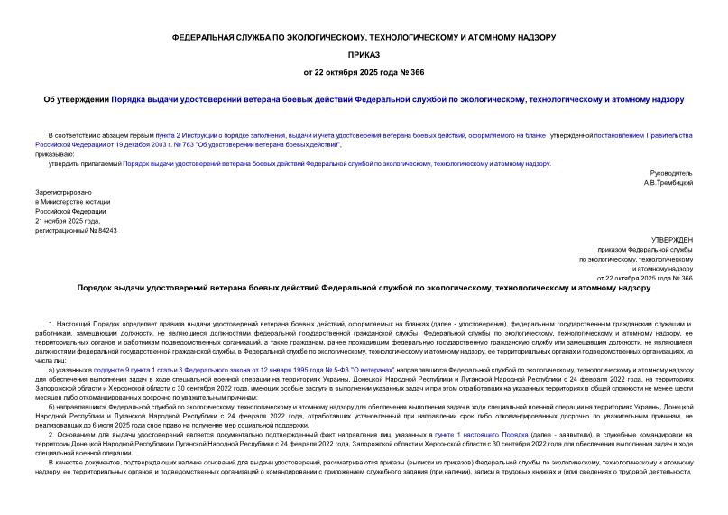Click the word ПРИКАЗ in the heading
(364, 55)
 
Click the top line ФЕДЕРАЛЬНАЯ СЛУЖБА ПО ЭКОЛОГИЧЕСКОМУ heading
(364, 37)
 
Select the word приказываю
(57, 153)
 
